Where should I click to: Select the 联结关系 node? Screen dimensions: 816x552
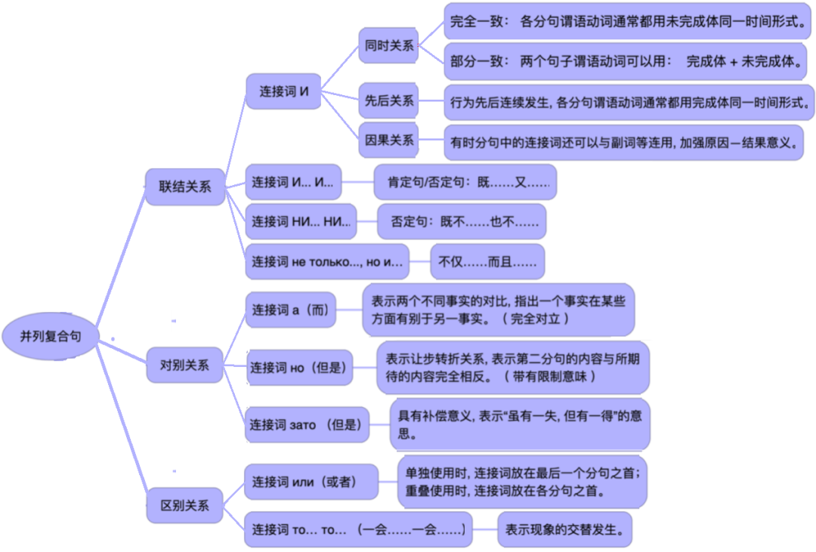185,186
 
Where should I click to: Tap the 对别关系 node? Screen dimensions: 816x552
185,365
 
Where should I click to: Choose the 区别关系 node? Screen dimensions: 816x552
185,504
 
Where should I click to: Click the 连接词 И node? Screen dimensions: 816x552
284,91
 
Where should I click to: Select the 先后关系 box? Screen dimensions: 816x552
389,100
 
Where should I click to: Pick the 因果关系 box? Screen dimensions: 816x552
389,140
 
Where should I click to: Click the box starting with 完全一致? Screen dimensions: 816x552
626,23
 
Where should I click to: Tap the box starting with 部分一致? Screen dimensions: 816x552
626,62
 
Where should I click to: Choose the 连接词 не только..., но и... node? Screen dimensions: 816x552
327,262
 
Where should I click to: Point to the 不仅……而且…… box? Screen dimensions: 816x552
487,262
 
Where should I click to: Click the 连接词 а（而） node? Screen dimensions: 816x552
291,310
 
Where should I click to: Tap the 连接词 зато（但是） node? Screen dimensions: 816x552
306,425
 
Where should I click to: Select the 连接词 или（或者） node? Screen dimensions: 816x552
311,482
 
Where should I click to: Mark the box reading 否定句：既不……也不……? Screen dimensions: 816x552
462,222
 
